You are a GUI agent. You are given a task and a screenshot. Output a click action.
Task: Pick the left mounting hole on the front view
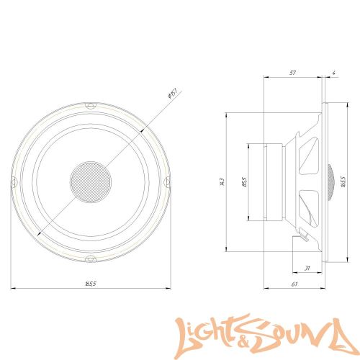click(13, 181)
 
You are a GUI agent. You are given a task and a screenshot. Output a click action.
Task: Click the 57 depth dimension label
click(293, 73)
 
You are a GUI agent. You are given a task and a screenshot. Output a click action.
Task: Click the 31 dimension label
click(308, 269)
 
